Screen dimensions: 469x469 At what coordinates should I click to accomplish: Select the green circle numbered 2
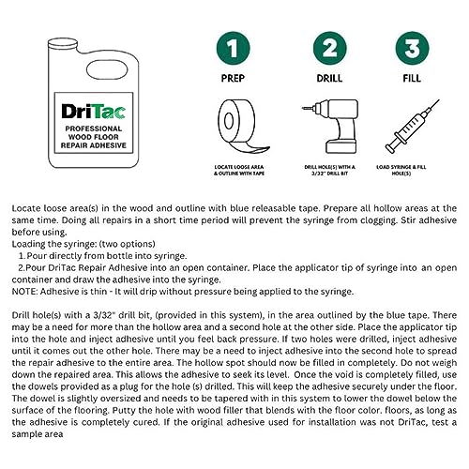[328, 46]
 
